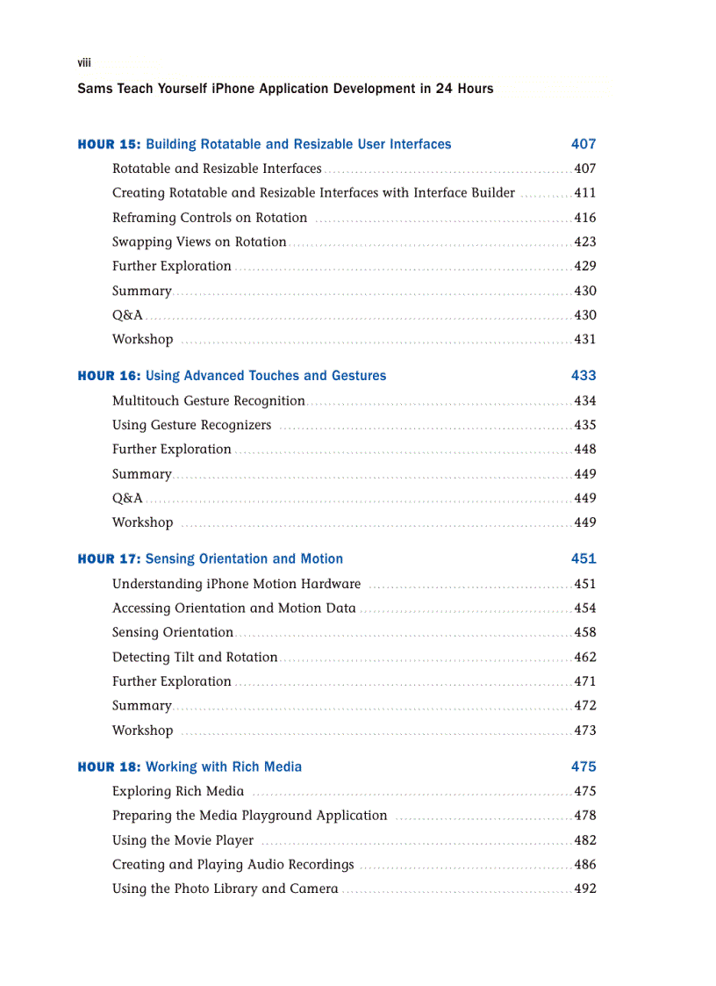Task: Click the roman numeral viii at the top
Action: (x=84, y=62)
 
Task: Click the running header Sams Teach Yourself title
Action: (x=285, y=89)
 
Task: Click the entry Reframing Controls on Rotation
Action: (x=210, y=218)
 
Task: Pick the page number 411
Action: (x=584, y=193)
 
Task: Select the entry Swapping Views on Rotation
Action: (x=199, y=241)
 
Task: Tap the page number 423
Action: (x=584, y=241)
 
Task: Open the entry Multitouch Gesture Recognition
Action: (x=209, y=400)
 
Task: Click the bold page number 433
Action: (x=583, y=376)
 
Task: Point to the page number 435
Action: (x=584, y=425)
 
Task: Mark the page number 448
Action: (x=584, y=449)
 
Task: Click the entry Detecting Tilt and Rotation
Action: (x=195, y=657)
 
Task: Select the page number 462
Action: (x=584, y=657)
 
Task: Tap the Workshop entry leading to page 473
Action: (x=142, y=730)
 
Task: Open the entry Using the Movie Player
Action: (x=183, y=840)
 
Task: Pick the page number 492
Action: (x=584, y=889)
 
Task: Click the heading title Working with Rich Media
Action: (x=224, y=766)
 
